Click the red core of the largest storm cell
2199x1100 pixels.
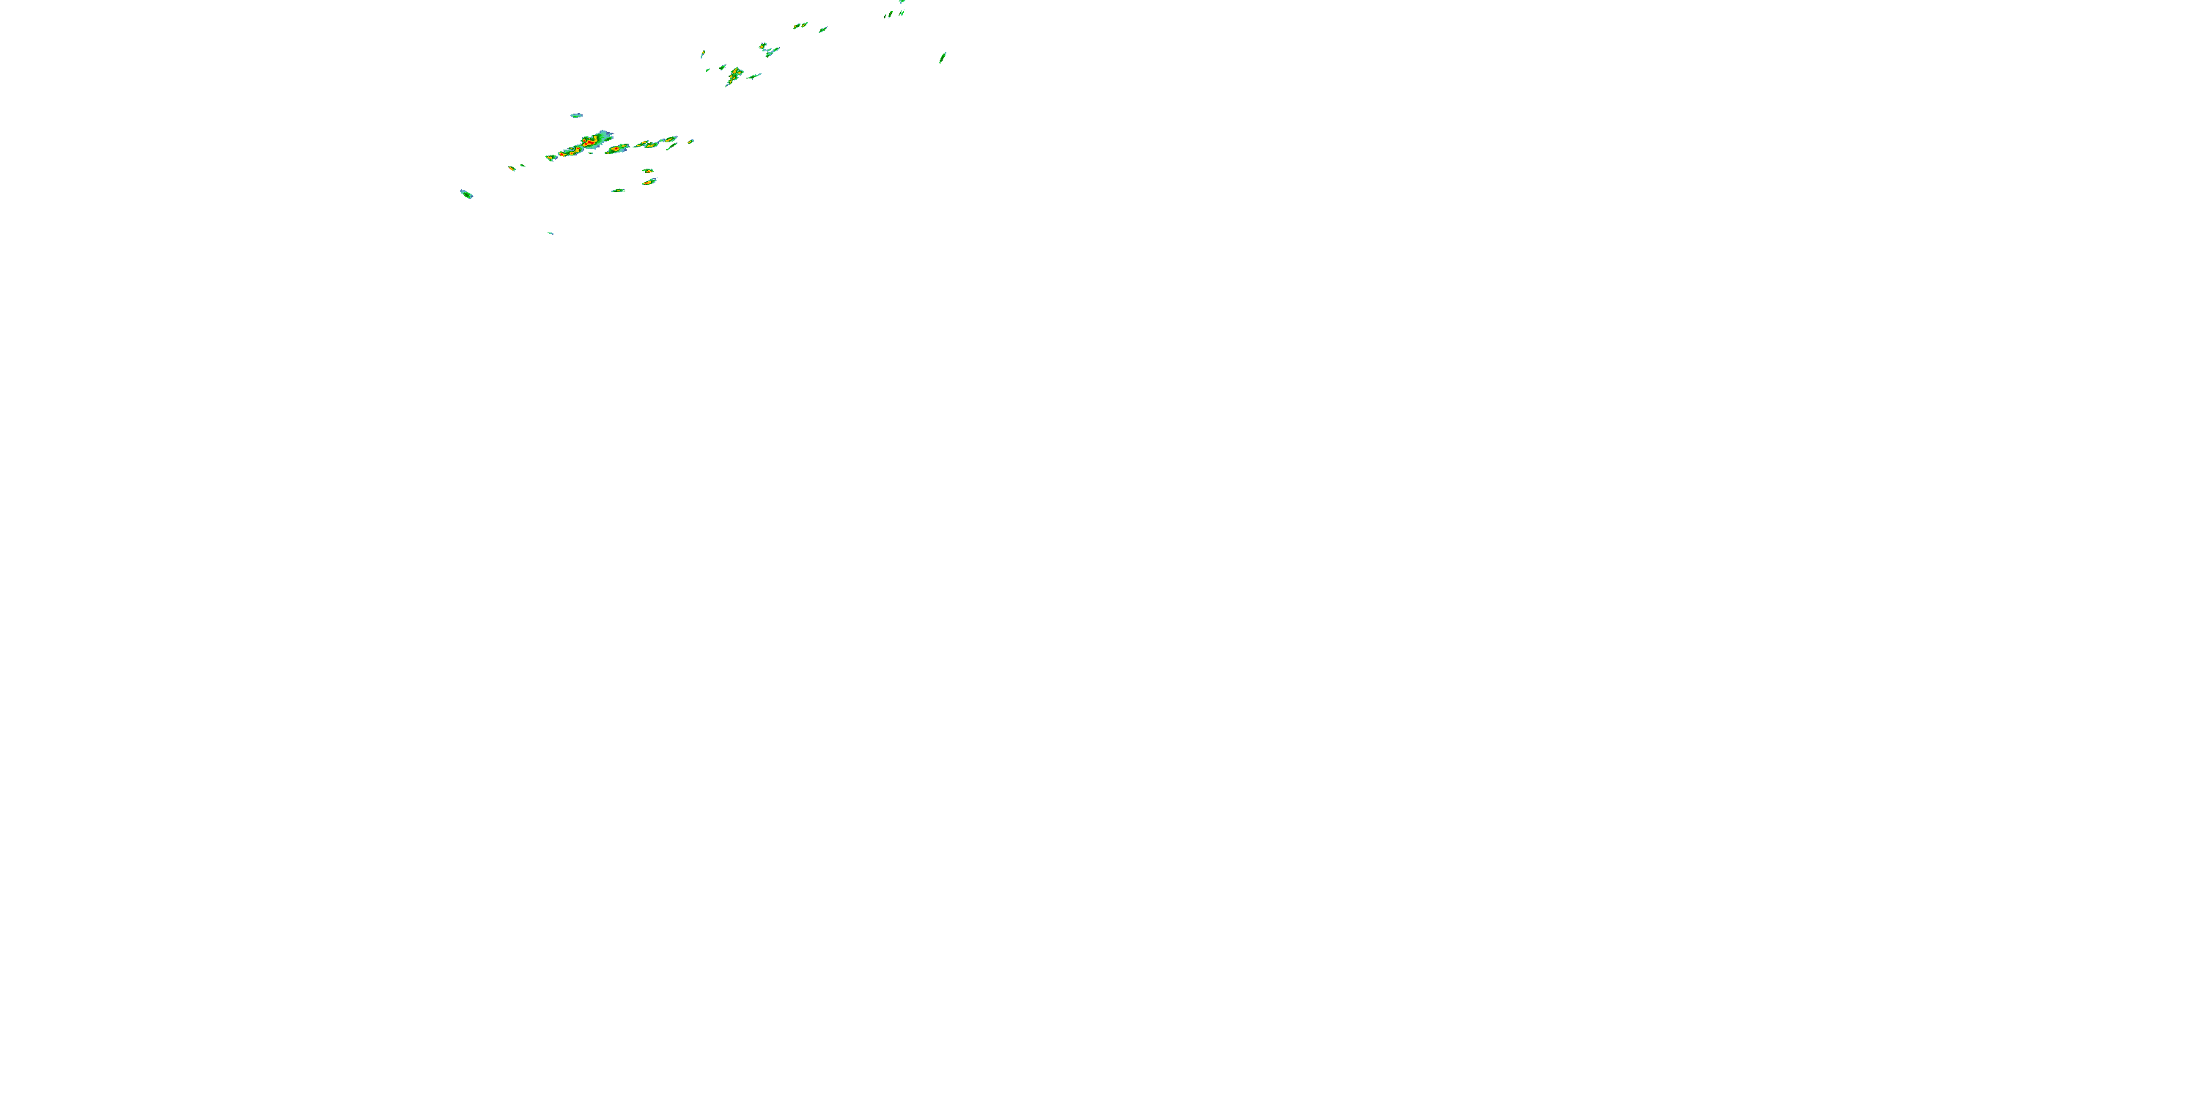pyautogui.click(x=589, y=141)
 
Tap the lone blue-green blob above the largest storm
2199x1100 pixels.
pyautogui.click(x=576, y=115)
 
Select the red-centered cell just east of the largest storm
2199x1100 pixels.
pyautogui.click(x=616, y=150)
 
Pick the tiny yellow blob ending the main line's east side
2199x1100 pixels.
pyautogui.click(x=690, y=141)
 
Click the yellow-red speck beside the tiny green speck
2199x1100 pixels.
pyautogui.click(x=512, y=168)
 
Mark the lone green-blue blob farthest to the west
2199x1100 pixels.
pyautogui.click(x=466, y=194)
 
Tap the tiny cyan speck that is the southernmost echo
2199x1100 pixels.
pyautogui.click(x=550, y=233)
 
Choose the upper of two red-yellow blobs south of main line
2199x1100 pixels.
pyautogui.click(x=648, y=171)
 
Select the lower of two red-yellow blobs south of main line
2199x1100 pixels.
pyautogui.click(x=649, y=181)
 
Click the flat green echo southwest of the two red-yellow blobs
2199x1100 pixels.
pyautogui.click(x=617, y=191)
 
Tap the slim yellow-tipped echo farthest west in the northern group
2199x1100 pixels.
pyautogui.click(x=702, y=55)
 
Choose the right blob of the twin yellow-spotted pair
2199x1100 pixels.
pyautogui.click(x=804, y=24)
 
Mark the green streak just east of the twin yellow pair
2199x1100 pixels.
pyautogui.click(x=823, y=30)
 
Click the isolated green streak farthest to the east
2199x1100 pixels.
pyautogui.click(x=943, y=57)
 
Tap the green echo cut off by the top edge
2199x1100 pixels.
pyautogui.click(x=902, y=1)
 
